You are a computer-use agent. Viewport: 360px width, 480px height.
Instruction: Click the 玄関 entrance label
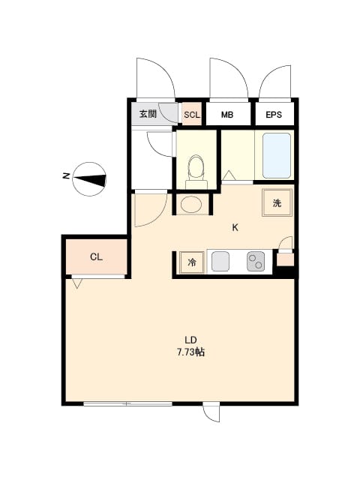click(148, 114)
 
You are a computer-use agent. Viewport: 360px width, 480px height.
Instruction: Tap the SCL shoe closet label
click(192, 115)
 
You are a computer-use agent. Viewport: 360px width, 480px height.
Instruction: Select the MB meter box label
click(227, 115)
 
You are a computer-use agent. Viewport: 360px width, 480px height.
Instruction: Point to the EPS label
click(274, 115)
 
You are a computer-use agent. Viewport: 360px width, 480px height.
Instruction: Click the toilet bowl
click(196, 168)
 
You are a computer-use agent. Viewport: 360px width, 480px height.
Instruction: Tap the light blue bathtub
click(277, 155)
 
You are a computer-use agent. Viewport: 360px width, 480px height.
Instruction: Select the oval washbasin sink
click(191, 204)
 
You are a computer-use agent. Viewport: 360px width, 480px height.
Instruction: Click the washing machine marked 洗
click(277, 202)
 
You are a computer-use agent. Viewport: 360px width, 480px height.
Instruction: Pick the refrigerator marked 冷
click(192, 262)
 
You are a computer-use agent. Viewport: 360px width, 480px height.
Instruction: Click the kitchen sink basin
click(220, 262)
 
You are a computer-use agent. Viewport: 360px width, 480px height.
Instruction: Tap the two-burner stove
click(256, 262)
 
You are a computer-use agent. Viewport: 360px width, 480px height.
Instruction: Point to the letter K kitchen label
click(235, 227)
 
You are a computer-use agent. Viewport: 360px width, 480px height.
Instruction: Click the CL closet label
click(96, 257)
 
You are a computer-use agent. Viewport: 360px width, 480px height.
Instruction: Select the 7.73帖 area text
click(190, 352)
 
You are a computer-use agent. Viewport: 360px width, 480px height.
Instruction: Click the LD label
click(190, 340)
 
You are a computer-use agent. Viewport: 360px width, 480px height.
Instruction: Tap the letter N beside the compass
click(66, 176)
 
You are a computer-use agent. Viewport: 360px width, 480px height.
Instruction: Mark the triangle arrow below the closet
click(77, 283)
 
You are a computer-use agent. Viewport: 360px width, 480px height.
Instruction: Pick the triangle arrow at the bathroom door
click(229, 175)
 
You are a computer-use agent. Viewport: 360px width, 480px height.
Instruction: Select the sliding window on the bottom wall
click(128, 403)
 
